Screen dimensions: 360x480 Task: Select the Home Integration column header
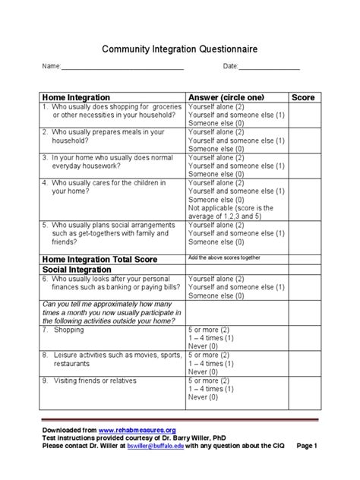(x=76, y=98)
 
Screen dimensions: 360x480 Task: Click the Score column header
(x=302, y=98)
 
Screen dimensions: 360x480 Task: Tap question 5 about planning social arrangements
(x=106, y=234)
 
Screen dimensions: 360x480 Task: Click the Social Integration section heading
(x=77, y=269)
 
